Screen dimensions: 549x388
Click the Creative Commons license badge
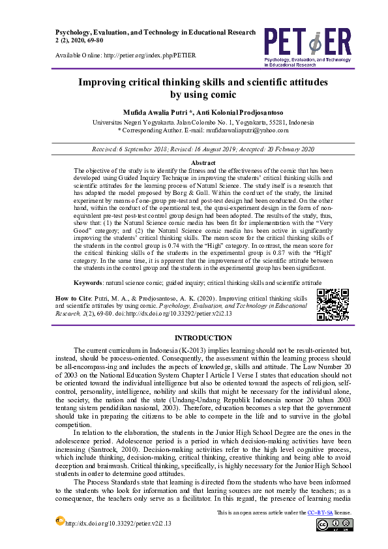(333, 525)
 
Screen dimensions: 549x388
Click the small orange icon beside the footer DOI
(61, 520)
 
